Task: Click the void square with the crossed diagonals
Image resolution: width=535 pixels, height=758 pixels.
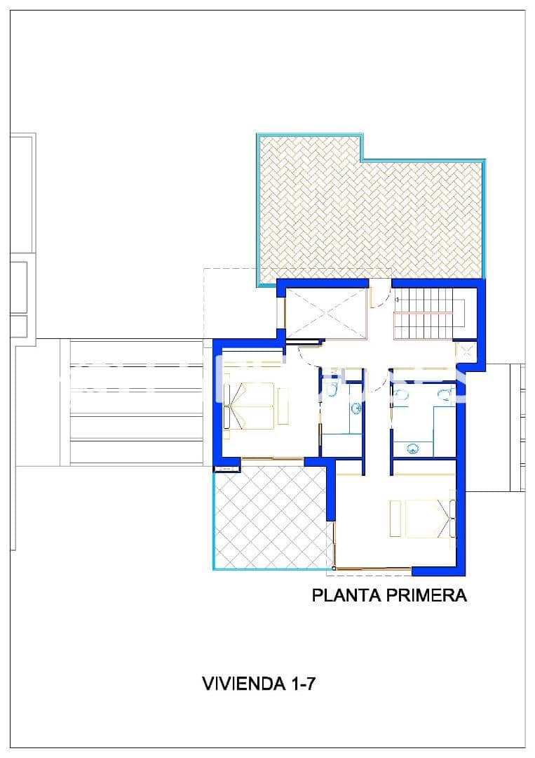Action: click(327, 314)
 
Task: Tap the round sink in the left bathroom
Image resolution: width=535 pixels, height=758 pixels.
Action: click(356, 406)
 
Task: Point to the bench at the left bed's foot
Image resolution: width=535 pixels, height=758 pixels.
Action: click(283, 406)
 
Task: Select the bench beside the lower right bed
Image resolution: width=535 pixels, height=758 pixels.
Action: click(395, 519)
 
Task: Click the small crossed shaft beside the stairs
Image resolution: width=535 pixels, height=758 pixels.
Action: click(463, 350)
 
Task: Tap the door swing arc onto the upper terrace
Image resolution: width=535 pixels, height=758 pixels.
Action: click(377, 297)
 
